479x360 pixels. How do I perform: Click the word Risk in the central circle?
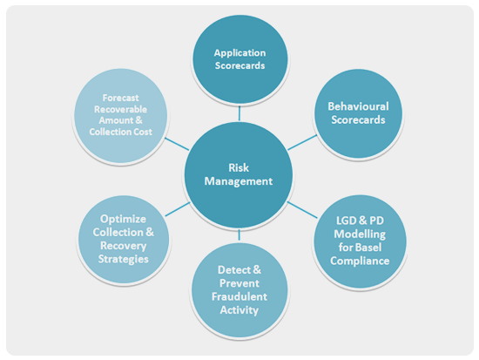point(239,167)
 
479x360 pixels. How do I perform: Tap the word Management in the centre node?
point(239,181)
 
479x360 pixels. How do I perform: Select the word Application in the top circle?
point(239,53)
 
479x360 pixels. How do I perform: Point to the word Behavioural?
point(358,106)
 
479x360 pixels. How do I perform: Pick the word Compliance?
point(360,261)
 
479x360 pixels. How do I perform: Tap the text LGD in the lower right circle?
point(346,221)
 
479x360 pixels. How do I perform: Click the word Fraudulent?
point(239,296)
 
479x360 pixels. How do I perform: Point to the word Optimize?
point(123,220)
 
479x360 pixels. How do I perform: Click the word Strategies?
point(123,260)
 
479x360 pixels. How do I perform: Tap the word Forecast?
point(121,98)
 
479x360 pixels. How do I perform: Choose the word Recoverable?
point(121,109)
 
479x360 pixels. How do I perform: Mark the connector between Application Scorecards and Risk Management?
point(239,113)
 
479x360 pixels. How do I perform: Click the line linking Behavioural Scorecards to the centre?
point(302,143)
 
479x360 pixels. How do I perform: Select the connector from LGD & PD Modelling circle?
point(302,210)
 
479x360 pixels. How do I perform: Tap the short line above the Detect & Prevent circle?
point(239,234)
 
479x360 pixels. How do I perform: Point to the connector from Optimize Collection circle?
point(178,209)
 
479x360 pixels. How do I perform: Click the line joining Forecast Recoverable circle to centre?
point(177,144)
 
